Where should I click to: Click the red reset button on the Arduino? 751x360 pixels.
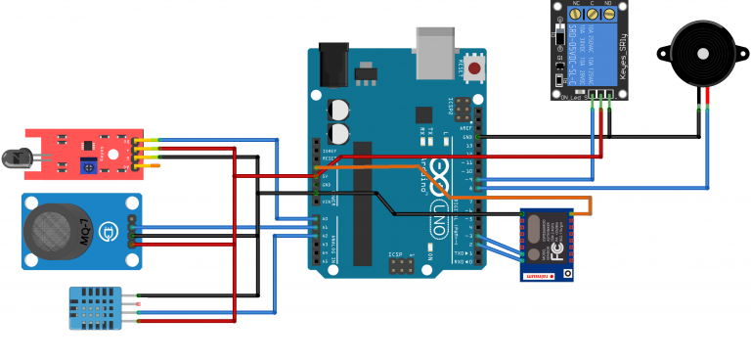475,69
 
